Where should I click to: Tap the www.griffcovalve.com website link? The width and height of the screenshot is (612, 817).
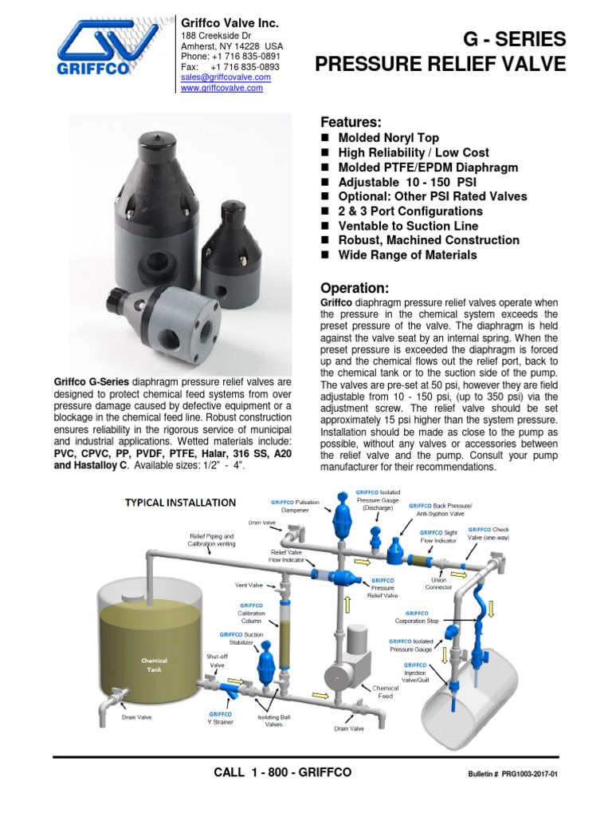[222, 89]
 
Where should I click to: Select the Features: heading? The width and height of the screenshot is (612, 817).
[351, 122]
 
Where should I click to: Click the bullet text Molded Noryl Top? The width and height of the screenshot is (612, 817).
[388, 138]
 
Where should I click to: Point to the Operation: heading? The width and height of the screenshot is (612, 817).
[354, 288]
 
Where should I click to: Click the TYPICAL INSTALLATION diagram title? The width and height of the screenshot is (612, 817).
[179, 503]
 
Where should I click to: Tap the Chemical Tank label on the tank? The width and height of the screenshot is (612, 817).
[154, 665]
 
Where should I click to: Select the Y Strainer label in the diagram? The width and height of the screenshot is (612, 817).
[221, 719]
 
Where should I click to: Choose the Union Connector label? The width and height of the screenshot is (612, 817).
[439, 583]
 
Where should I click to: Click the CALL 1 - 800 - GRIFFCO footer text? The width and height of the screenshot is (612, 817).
[282, 773]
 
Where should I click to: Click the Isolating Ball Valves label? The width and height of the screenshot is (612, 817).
[273, 720]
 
